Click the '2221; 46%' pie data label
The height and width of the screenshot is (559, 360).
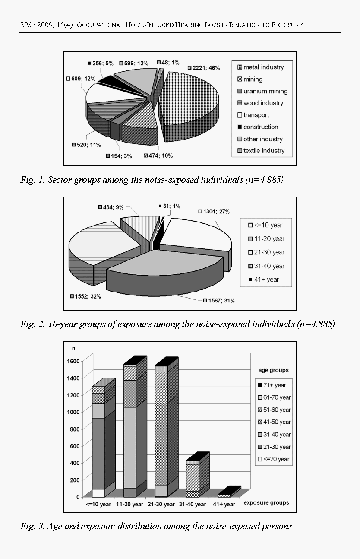coord(205,68)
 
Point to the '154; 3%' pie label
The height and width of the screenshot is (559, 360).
coord(119,156)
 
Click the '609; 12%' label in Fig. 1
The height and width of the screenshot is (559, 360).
coord(81,79)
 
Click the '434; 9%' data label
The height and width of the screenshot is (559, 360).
coord(111,207)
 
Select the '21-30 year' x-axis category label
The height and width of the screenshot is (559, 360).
coord(161,504)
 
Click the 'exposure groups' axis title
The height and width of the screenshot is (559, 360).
coord(266,503)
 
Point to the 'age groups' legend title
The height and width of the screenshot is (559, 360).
coord(274,370)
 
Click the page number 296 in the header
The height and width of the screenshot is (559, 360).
coord(25,25)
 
